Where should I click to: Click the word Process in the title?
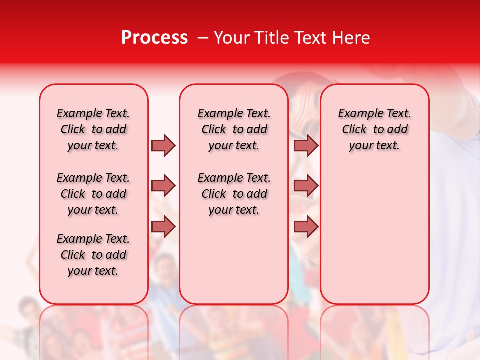click(154, 38)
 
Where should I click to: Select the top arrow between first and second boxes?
click(163, 145)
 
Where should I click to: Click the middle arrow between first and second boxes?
click(163, 186)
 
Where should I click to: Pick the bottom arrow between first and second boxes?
click(163, 227)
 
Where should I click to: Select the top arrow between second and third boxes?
click(306, 145)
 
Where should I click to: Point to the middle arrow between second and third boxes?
click(306, 186)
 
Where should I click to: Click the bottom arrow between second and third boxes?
click(306, 227)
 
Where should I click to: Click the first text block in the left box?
click(93, 129)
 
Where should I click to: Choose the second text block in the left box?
click(93, 194)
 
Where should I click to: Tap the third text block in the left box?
click(93, 255)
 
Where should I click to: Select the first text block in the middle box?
click(234, 129)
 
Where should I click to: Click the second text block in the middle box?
click(234, 194)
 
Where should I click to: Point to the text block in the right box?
click(375, 129)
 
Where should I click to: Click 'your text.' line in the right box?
click(375, 146)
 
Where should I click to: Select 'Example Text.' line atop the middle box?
click(234, 113)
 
